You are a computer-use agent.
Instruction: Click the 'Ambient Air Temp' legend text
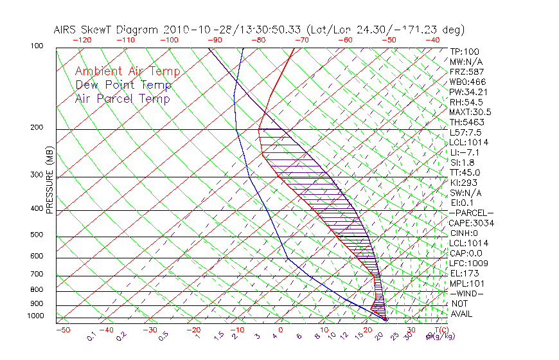coord(127,71)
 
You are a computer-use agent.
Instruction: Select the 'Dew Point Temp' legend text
coord(123,85)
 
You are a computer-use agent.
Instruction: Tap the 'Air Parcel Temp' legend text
coord(122,98)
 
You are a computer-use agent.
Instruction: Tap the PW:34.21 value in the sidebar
coord(468,92)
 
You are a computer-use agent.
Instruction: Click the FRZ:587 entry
coord(466,71)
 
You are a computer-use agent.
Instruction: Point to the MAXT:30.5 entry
coord(470,112)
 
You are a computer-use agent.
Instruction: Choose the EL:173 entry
coord(463,273)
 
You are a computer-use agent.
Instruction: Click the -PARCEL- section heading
coord(471,213)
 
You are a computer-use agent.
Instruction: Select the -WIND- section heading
coord(466,293)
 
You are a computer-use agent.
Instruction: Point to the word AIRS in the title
coord(67,30)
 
